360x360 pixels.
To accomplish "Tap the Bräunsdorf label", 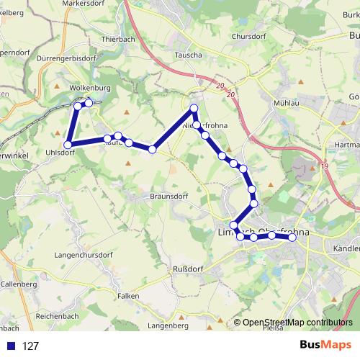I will (150, 195).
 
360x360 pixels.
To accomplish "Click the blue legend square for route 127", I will (10, 346).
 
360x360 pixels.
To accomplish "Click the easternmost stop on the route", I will (292, 238).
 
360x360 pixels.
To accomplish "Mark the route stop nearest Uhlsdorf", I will (66, 145).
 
